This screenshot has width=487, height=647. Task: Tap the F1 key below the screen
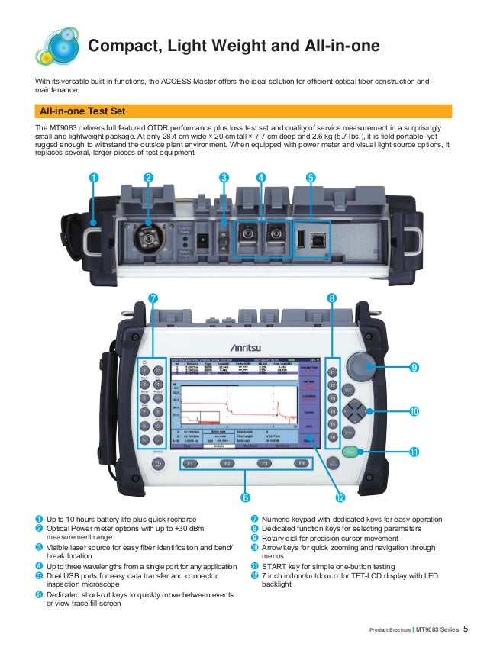tap(190, 463)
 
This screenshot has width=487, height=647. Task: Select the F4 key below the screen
tap(302, 463)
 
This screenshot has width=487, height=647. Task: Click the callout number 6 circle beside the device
tap(247, 497)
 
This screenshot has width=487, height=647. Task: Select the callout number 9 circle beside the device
tap(414, 367)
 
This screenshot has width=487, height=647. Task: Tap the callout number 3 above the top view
tap(224, 178)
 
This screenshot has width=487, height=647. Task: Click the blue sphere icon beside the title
tap(56, 44)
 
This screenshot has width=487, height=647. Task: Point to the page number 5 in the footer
tap(466, 628)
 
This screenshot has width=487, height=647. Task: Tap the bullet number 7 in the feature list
tap(254, 520)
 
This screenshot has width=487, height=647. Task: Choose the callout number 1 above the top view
tap(93, 178)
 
